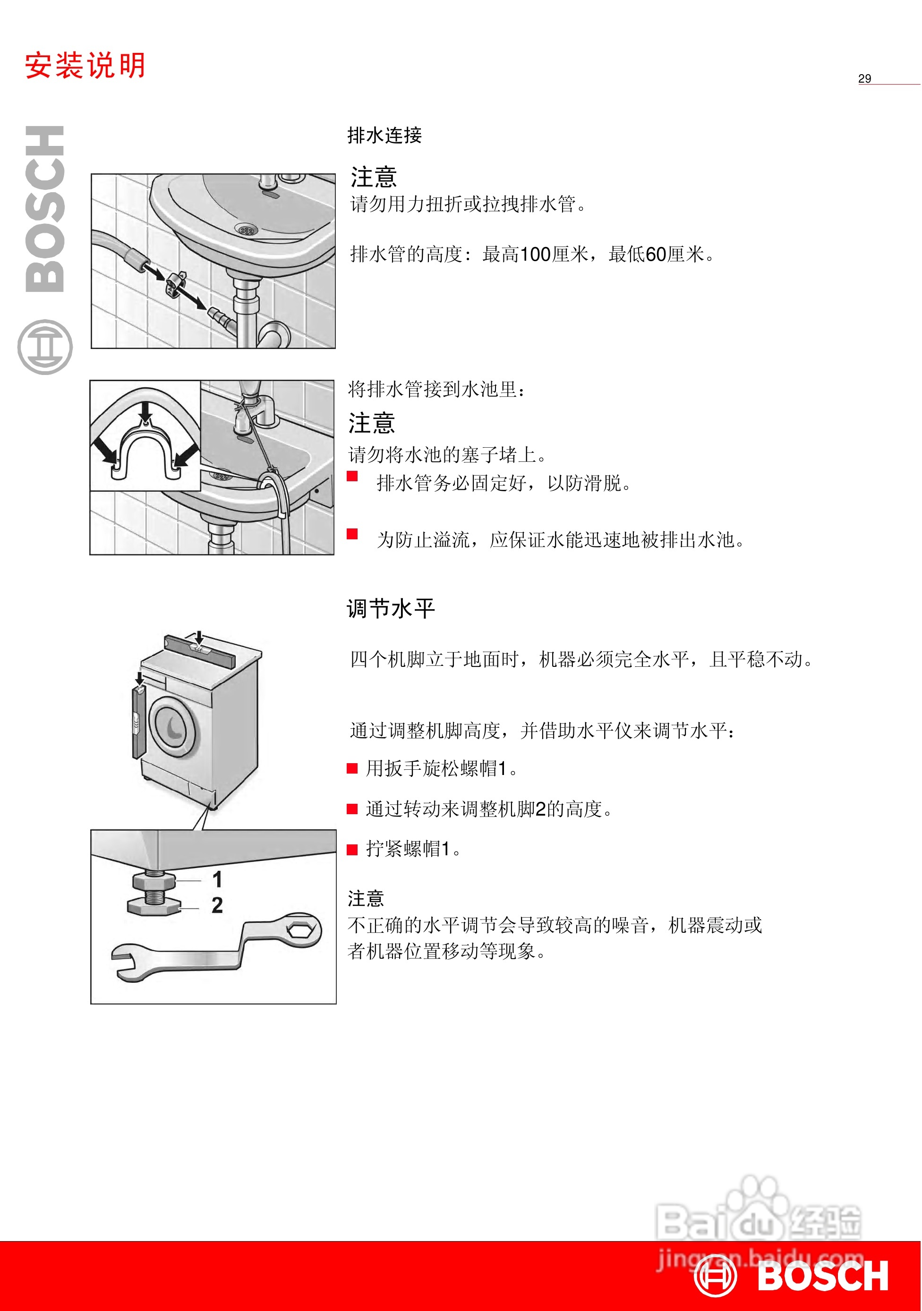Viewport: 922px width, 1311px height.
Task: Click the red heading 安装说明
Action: (85, 65)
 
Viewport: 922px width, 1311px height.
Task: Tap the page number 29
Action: (864, 79)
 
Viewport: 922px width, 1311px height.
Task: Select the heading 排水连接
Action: (384, 136)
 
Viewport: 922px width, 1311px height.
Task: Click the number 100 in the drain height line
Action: (535, 254)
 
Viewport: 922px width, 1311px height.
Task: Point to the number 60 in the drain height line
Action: (656, 254)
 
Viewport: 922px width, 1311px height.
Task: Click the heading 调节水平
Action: (391, 609)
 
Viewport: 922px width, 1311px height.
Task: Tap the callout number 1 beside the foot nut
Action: (217, 879)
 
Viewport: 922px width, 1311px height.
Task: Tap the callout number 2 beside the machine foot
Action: (217, 905)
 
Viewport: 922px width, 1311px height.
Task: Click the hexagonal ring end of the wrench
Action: (300, 931)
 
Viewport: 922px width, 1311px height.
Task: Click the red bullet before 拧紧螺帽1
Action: (352, 850)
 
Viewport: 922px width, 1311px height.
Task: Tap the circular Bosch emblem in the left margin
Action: (45, 347)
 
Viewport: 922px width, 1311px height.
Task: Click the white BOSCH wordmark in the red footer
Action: (823, 1277)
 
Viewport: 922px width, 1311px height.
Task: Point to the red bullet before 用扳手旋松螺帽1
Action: (352, 768)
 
